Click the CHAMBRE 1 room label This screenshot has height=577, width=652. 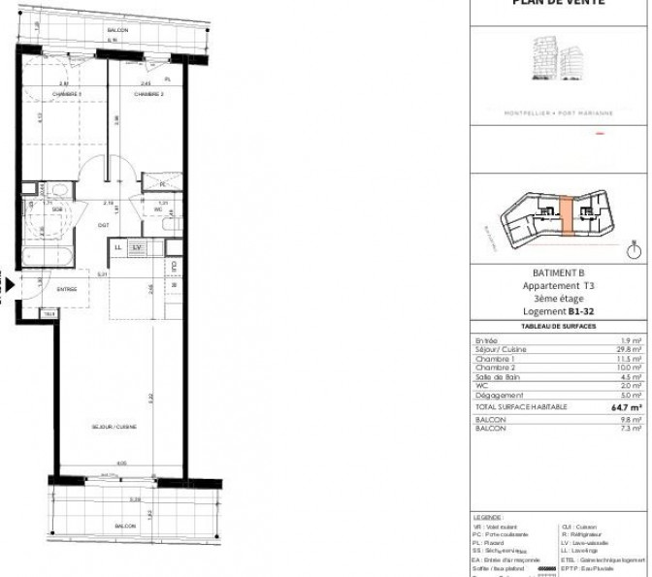(67, 94)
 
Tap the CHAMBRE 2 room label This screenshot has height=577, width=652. (148, 94)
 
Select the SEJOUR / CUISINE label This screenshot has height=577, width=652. (114, 427)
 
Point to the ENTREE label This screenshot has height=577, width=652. (66, 288)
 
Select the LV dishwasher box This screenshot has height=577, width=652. (137, 248)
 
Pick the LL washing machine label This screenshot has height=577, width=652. (118, 248)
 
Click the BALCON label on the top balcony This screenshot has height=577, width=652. (118, 31)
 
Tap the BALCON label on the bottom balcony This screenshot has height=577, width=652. (125, 526)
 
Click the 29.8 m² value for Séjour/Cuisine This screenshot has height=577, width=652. (631, 350)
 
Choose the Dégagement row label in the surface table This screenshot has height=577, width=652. (501, 395)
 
